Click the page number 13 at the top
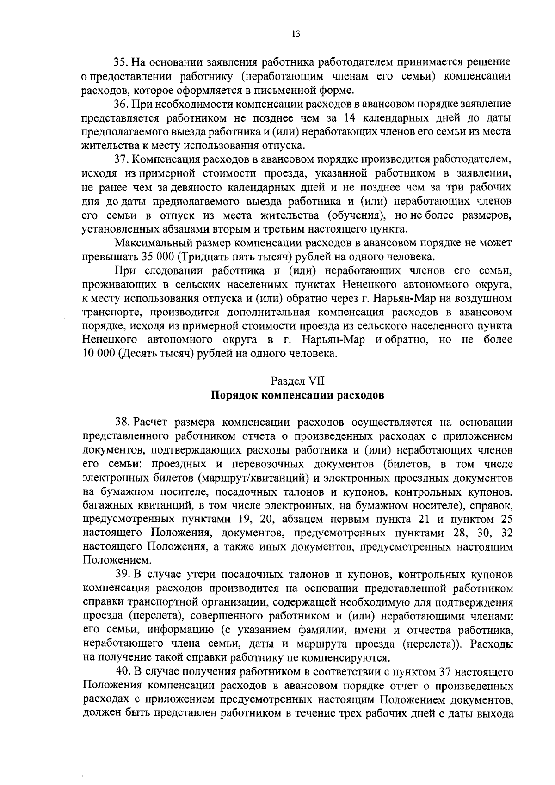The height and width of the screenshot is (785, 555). click(x=296, y=33)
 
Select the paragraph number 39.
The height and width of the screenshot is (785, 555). click(x=122, y=575)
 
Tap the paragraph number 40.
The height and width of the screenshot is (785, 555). click(x=123, y=672)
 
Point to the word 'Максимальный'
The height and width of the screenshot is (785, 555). click(x=148, y=243)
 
